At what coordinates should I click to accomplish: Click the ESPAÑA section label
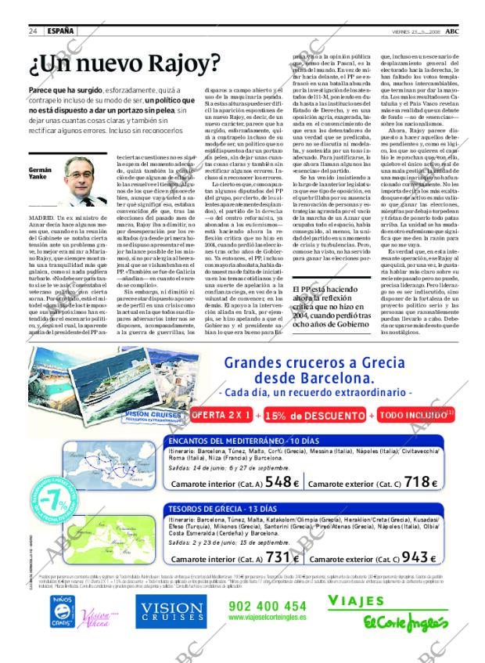pyautogui.click(x=61, y=31)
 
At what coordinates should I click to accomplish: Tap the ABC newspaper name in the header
pyautogui.click(x=463, y=31)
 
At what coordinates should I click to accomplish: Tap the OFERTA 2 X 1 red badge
pyautogui.click(x=221, y=414)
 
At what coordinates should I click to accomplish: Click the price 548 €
pyautogui.click(x=282, y=483)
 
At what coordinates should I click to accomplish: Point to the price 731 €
pyautogui.click(x=282, y=557)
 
